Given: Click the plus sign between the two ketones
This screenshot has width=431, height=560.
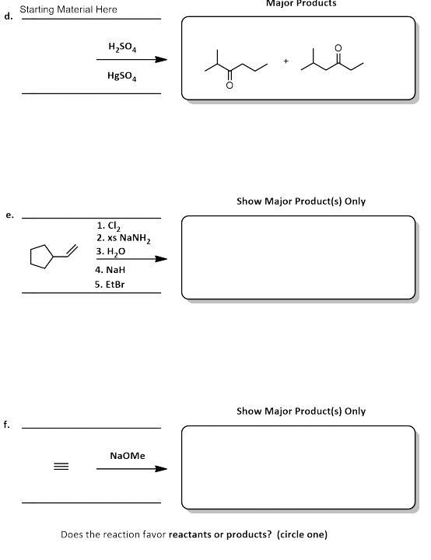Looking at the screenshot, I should pos(286,60).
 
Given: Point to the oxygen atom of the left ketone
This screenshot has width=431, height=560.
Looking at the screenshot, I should pos(229,86).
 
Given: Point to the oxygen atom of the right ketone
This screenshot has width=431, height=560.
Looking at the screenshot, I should pos(337,47).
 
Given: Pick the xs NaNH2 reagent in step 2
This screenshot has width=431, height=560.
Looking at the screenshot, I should pos(118,240).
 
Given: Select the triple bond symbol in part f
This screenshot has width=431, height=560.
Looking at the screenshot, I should pos(61,467).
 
